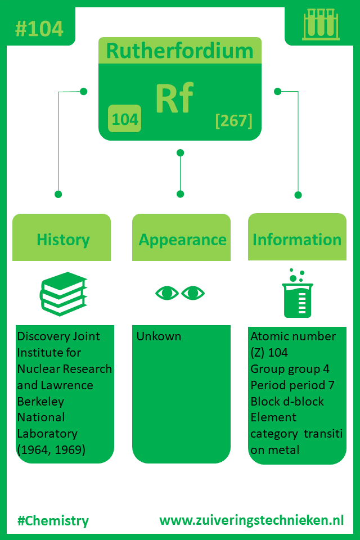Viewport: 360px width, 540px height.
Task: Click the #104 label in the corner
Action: (39, 29)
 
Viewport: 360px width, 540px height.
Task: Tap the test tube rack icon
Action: (321, 24)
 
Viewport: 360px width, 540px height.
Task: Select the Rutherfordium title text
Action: (180, 51)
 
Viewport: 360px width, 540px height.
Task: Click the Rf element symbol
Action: (174, 98)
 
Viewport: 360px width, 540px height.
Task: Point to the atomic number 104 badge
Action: (125, 119)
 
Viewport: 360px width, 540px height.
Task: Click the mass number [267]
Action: (234, 120)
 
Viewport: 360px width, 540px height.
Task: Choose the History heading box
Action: (62, 237)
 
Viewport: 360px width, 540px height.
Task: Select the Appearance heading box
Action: (182, 237)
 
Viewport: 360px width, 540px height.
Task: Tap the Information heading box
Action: (298, 237)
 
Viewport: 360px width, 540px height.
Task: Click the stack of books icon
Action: (63, 294)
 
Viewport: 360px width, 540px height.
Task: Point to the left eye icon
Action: (167, 293)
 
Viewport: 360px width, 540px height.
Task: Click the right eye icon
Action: (193, 293)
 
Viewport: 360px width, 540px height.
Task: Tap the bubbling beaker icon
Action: (298, 294)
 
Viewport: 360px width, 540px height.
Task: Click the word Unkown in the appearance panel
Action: (159, 336)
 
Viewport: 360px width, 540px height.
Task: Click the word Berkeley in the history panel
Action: (40, 402)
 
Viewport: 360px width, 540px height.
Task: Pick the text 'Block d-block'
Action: (287, 401)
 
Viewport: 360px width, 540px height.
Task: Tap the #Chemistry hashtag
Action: (53, 521)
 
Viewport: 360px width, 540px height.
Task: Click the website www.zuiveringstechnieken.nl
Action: (251, 520)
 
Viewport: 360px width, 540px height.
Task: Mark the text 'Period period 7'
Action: (292, 385)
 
